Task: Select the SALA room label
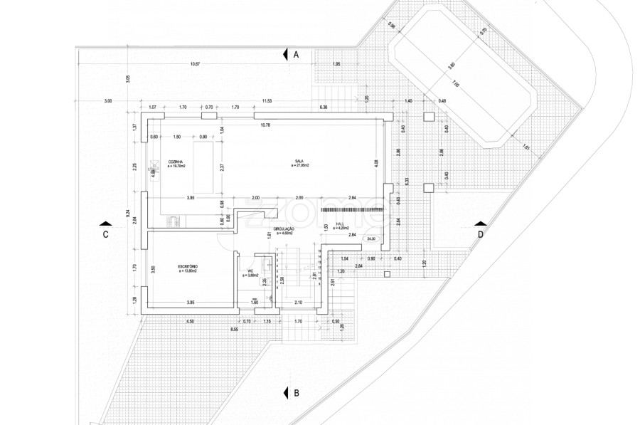[x=299, y=162]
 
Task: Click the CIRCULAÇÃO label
[x=284, y=229]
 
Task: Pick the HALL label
[x=339, y=224]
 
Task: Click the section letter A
[x=297, y=54]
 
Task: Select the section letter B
[x=297, y=392]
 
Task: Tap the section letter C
[x=105, y=234]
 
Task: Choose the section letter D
[x=481, y=234]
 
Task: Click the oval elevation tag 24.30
[x=370, y=239]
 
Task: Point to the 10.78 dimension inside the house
[x=265, y=125]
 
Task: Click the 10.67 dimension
[x=195, y=65]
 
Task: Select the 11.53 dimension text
[x=267, y=100]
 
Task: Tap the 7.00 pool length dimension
[x=455, y=83]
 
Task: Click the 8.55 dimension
[x=234, y=330]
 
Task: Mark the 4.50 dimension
[x=190, y=322]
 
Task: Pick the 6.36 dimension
[x=324, y=107]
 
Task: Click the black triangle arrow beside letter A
[x=285, y=54]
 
